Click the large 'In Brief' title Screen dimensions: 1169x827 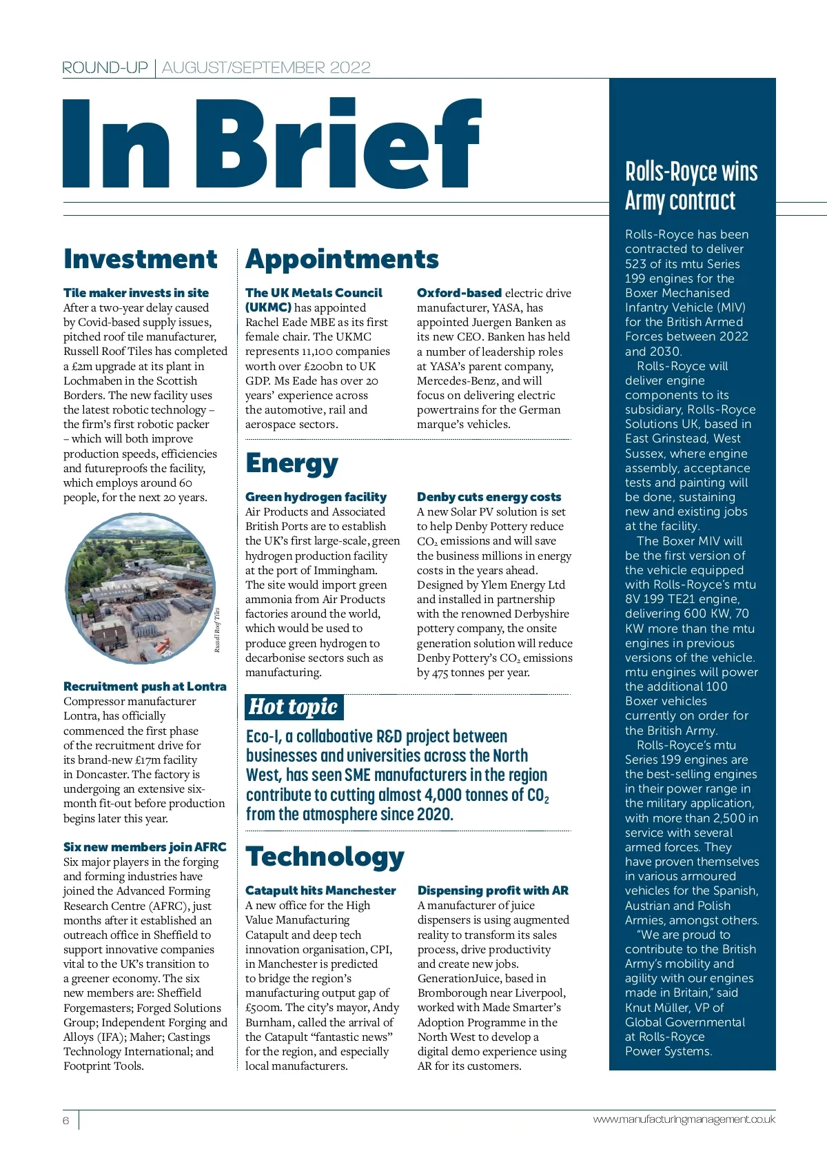click(x=272, y=143)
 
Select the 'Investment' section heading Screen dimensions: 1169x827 click(x=141, y=259)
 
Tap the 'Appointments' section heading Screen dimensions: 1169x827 click(x=342, y=259)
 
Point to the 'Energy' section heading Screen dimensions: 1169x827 click(x=292, y=464)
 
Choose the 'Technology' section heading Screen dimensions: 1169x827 click(x=325, y=857)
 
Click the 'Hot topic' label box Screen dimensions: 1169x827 click(x=294, y=707)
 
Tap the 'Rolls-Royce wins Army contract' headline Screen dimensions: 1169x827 click(x=691, y=186)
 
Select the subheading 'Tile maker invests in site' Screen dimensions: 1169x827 click(x=136, y=293)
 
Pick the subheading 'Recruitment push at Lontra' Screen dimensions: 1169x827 click(x=145, y=687)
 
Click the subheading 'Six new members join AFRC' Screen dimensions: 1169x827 click(x=145, y=847)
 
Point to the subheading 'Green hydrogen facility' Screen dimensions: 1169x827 click(x=316, y=497)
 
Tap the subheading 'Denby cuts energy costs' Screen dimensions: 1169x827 click(x=489, y=497)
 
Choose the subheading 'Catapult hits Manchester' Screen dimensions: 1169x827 click(x=320, y=891)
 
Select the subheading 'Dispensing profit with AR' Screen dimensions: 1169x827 click(x=493, y=891)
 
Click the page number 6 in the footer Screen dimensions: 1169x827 click(x=66, y=1121)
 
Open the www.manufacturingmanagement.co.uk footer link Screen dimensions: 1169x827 click(x=684, y=1119)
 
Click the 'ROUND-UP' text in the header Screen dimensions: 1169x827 click(x=105, y=68)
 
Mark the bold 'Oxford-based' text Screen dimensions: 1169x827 click(x=459, y=293)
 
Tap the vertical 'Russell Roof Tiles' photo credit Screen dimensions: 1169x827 click(x=217, y=630)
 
